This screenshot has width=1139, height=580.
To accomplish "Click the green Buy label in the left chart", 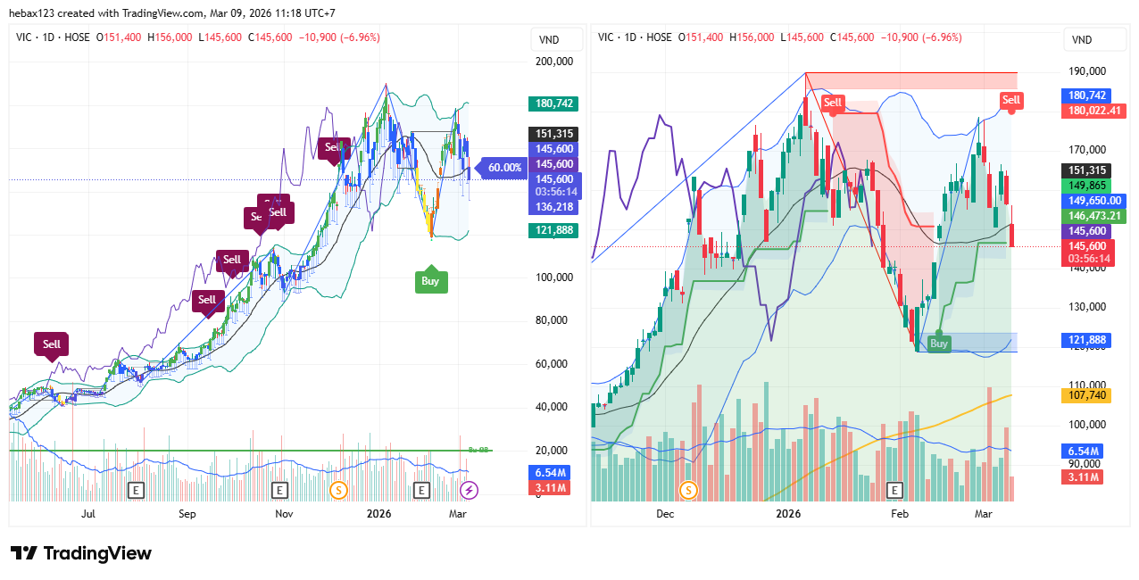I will coord(430,280).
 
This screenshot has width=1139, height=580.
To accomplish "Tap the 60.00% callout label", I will coord(505,167).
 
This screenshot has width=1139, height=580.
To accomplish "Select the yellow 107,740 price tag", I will coord(1085,395).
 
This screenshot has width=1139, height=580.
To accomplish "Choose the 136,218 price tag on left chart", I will coord(553,207).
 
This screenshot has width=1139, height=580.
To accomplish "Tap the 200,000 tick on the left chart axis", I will coord(553,62).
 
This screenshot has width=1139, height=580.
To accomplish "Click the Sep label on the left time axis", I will coord(187,514).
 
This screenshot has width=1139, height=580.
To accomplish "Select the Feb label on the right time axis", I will coord(899,514).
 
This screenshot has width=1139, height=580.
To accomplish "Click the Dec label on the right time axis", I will coord(665,514).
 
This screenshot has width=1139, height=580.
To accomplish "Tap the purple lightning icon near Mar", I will coord(469,490).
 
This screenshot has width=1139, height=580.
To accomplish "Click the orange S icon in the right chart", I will coord(688,490).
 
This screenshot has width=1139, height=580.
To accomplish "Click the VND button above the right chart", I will coord(1082,40).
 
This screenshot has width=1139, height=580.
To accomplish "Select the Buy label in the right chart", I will coord(938,343).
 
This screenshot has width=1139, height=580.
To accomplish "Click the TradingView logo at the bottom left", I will coord(81,553).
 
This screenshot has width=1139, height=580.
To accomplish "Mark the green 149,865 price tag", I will coord(1085,186).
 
